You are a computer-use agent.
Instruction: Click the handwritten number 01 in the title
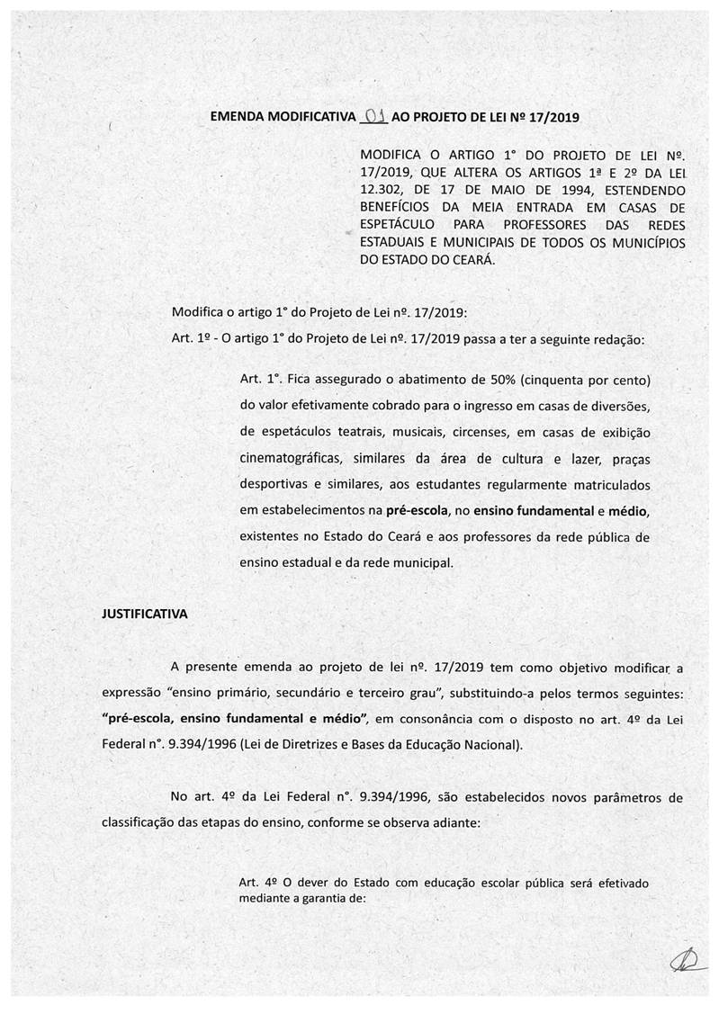tap(373, 116)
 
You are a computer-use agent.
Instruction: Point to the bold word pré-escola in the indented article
tap(418, 511)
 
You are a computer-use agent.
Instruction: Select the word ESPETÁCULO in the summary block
tap(399, 224)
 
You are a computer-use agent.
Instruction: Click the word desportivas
tap(277, 485)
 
